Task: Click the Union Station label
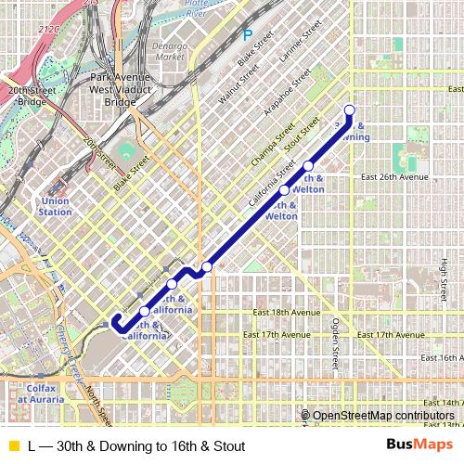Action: pyautogui.click(x=55, y=206)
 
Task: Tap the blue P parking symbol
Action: pyautogui.click(x=247, y=36)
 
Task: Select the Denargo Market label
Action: pyautogui.click(x=170, y=50)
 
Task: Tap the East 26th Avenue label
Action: pyautogui.click(x=395, y=176)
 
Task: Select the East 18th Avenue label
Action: pyautogui.click(x=277, y=313)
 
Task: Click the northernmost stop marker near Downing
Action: pyautogui.click(x=350, y=111)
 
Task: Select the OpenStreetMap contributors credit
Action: pyautogui.click(x=382, y=415)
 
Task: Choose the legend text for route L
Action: pyautogui.click(x=136, y=446)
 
